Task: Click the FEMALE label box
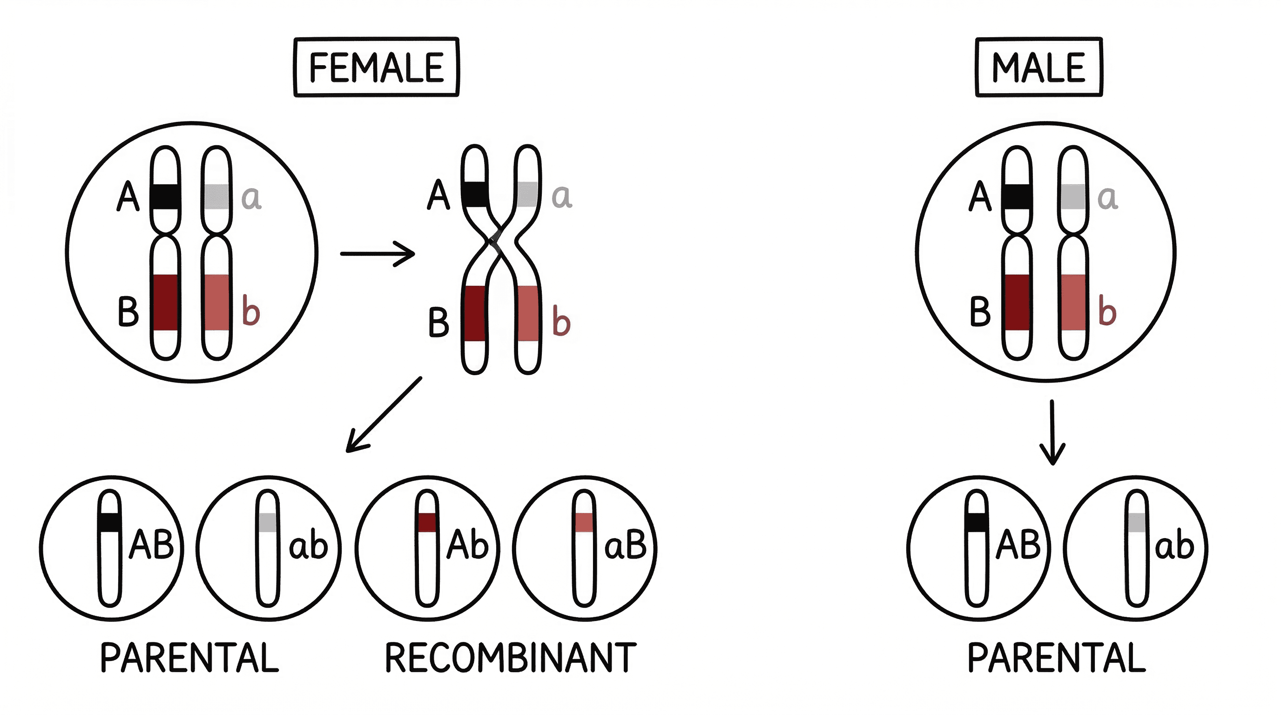click(x=376, y=67)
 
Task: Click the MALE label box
click(x=1038, y=67)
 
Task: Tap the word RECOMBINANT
click(x=510, y=658)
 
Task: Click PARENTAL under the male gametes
click(x=1056, y=658)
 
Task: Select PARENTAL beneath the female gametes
click(x=189, y=658)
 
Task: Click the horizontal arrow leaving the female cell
click(x=377, y=254)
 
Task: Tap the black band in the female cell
click(x=165, y=197)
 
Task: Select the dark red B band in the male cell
click(x=1017, y=302)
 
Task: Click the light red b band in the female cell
click(x=217, y=302)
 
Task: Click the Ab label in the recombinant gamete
click(x=467, y=546)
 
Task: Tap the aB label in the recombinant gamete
click(x=625, y=546)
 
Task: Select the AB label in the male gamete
click(x=1018, y=546)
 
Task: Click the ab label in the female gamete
click(x=308, y=546)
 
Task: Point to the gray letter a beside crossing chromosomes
click(x=562, y=196)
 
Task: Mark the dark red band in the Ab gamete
click(x=427, y=523)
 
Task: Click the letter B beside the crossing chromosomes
click(x=438, y=322)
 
